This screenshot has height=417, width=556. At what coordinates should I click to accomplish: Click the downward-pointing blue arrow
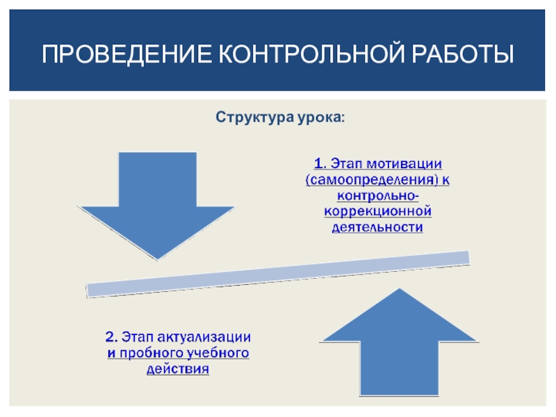157,202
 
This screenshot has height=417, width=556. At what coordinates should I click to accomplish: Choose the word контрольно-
378,195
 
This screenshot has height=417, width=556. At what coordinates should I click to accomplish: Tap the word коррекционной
378,211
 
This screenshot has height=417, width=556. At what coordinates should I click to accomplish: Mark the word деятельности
378,227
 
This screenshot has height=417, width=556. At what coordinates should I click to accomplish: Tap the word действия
177,370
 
